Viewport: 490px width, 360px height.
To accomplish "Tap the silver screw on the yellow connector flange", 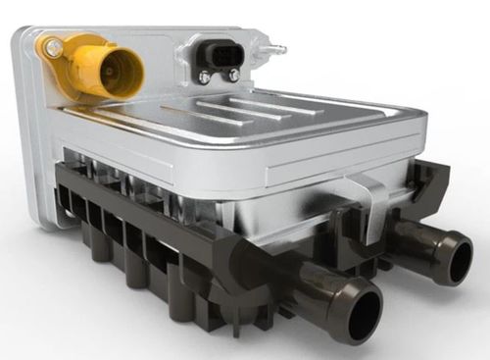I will click(x=52, y=46).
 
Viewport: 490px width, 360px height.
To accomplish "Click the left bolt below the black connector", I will click(x=204, y=77).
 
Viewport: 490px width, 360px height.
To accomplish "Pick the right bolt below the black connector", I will click(x=233, y=75).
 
